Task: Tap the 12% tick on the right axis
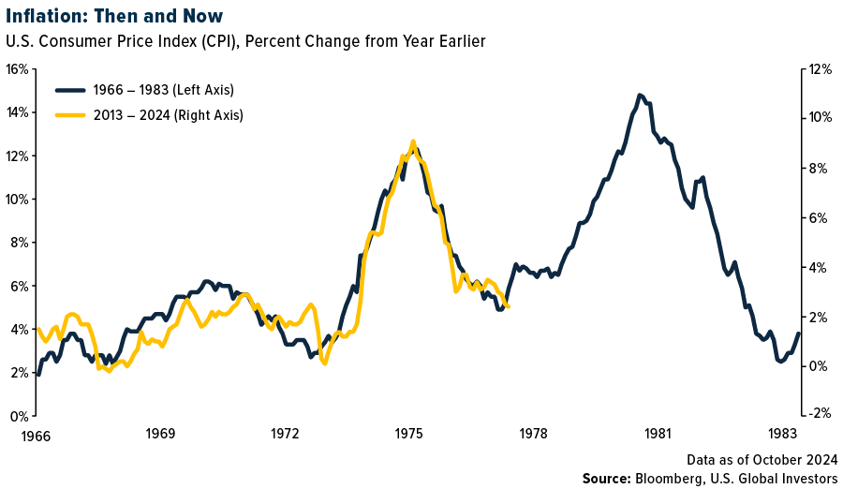tap(821, 69)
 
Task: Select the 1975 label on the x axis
tap(408, 434)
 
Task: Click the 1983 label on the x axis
tap(783, 434)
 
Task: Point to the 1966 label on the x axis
tap(37, 434)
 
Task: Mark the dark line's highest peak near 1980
tap(640, 95)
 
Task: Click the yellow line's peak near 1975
tap(413, 141)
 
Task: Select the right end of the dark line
tap(798, 333)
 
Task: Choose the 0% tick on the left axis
tap(18, 415)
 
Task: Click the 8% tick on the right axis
tap(818, 169)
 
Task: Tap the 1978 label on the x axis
tap(533, 434)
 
